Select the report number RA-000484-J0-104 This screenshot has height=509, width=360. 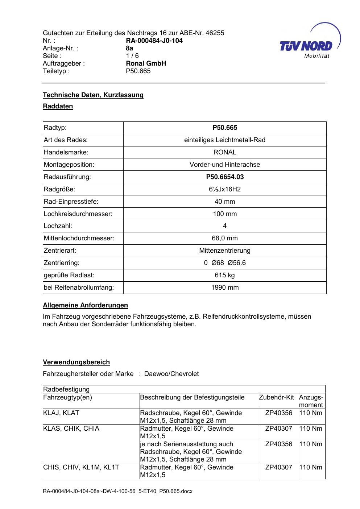(x=154, y=41)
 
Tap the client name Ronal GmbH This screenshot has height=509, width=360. (x=146, y=63)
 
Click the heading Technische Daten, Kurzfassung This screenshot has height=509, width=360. (x=93, y=95)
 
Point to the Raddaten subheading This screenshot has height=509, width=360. (x=58, y=106)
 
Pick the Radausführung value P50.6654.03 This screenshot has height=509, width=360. (x=225, y=177)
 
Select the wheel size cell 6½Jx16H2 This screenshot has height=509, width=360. (x=225, y=189)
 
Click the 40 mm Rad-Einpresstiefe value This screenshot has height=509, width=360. (x=225, y=202)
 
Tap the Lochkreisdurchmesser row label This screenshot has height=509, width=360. (x=78, y=214)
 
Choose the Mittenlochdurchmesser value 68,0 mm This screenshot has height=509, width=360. (x=225, y=238)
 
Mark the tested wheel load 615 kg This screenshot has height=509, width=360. (x=225, y=275)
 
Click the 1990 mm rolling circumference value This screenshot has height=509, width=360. (x=225, y=287)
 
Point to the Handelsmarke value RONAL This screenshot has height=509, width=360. (x=225, y=152)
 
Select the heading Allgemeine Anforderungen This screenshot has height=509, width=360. (x=85, y=305)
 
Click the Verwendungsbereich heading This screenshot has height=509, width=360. (x=76, y=362)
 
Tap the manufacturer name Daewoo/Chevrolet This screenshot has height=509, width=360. (x=171, y=374)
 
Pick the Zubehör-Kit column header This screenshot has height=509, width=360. (x=277, y=397)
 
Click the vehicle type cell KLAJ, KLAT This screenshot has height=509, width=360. (x=61, y=413)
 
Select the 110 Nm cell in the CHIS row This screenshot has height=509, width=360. (x=311, y=467)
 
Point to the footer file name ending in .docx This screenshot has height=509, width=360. (x=117, y=492)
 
